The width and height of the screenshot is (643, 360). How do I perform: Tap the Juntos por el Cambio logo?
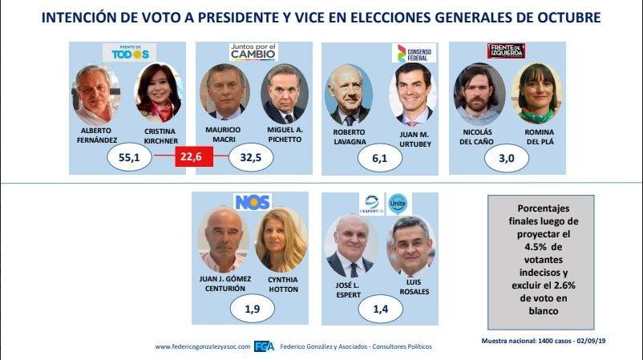tap(253, 52)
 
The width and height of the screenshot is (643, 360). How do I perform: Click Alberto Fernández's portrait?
tap(97, 95)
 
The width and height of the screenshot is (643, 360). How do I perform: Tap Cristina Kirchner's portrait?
tap(160, 95)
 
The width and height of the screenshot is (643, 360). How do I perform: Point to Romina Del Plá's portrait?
tap(537, 92)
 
